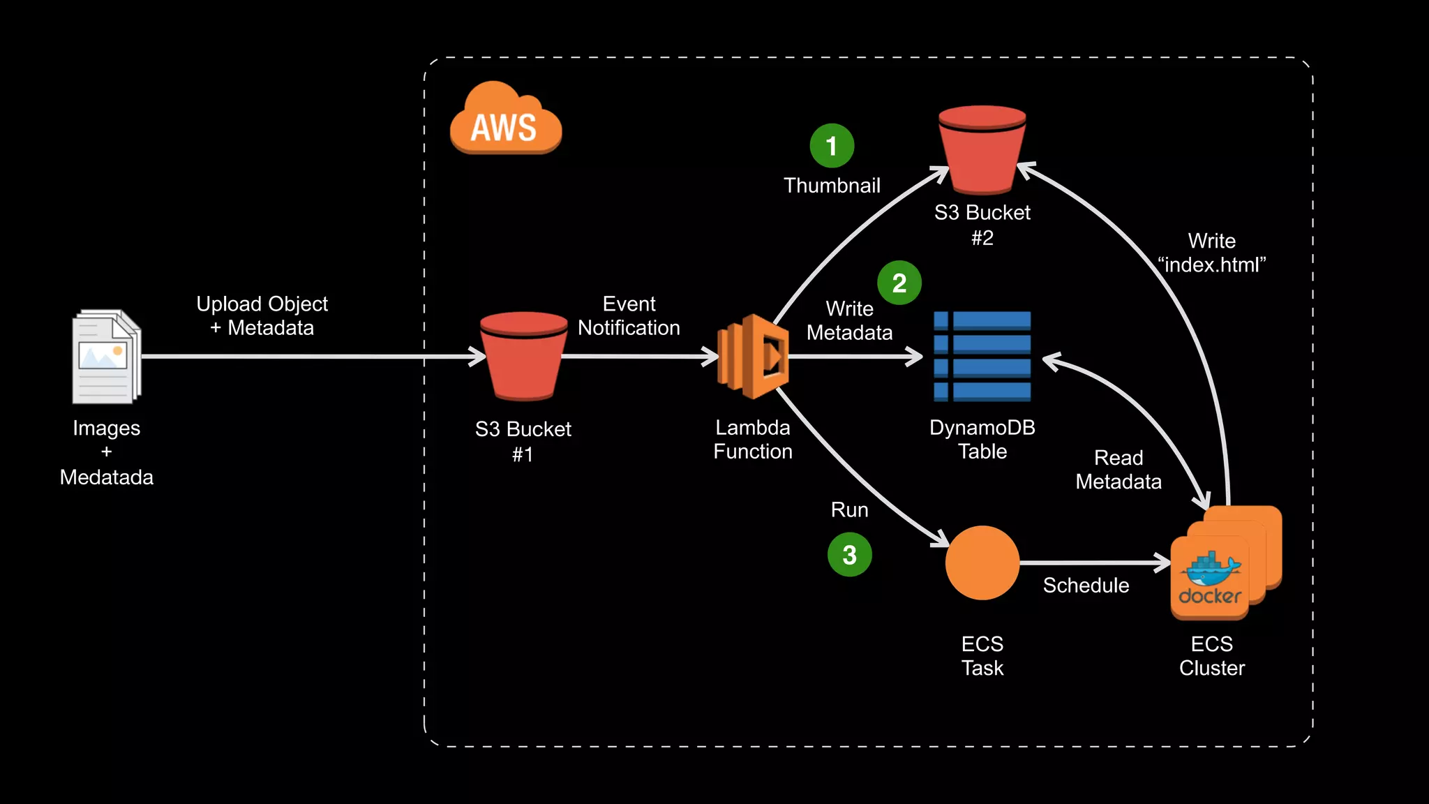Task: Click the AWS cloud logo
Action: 505,119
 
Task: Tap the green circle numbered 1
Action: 832,146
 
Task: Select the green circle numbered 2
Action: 899,283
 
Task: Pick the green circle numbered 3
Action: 849,555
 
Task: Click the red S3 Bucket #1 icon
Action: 523,356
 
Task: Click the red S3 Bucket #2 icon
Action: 982,149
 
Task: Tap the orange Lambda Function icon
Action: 754,357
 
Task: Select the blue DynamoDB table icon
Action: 982,357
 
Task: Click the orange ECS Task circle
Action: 982,563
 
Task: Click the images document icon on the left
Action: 107,357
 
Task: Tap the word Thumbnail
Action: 832,186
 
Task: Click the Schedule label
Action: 1086,586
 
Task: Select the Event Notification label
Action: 629,316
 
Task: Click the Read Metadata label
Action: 1118,470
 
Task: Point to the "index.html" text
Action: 1211,265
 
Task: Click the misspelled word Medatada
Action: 107,477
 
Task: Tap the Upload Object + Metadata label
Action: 262,316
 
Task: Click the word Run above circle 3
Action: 849,510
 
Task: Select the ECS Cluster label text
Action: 1212,656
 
